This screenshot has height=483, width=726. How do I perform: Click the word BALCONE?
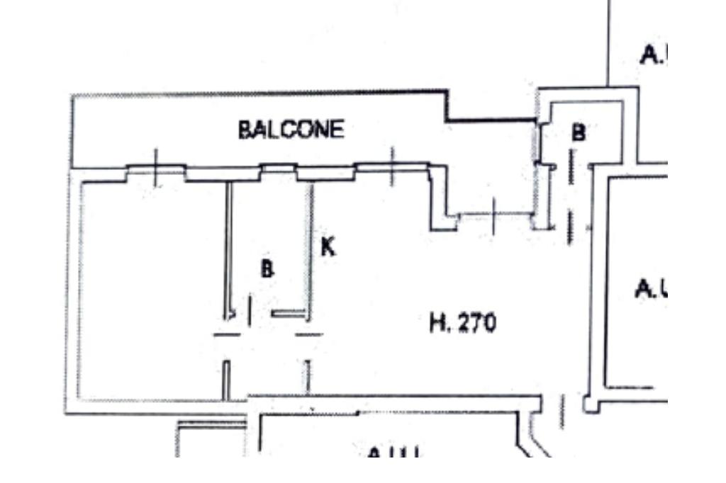(291, 130)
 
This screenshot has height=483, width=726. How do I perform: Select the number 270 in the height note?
(476, 323)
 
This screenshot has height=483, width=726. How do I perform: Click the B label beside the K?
(267, 269)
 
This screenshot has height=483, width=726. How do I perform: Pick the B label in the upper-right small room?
(579, 132)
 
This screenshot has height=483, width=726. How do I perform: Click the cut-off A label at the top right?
(652, 55)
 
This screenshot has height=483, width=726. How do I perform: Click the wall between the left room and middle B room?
(228, 248)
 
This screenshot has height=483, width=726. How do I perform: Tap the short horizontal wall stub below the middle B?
(287, 313)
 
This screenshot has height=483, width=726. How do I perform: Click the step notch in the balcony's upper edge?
(447, 106)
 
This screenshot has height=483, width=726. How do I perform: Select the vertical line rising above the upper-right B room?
(608, 42)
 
